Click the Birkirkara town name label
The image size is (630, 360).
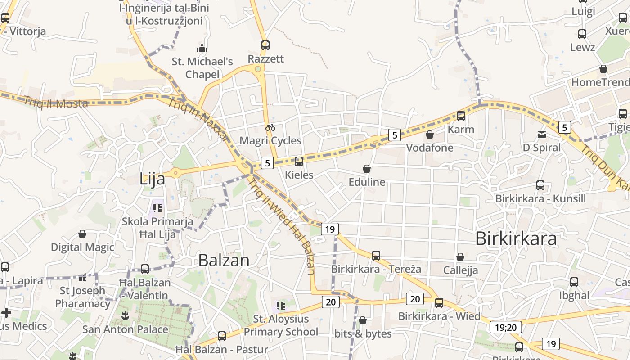point(516,238)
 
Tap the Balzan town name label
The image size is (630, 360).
point(224,260)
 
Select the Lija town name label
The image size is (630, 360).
point(152,179)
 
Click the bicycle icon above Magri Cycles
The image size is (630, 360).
point(270,127)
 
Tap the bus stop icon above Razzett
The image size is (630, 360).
point(265,45)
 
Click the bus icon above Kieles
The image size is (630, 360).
point(299,161)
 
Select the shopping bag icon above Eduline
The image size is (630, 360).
point(367,169)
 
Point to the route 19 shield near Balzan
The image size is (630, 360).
point(330,229)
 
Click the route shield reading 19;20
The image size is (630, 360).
point(505,327)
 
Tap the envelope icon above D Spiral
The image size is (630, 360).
point(541,134)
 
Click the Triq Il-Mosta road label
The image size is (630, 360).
point(56,103)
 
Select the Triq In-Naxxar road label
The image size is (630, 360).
point(198,120)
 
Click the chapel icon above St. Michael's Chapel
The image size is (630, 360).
point(202,48)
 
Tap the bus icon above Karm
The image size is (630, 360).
point(461,116)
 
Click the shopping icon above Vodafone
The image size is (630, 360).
point(430,135)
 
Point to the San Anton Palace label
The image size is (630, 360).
point(125,329)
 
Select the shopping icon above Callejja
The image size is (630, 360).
point(460,257)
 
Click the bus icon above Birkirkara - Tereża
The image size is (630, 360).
point(376,256)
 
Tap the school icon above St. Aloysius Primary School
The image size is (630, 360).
point(281,306)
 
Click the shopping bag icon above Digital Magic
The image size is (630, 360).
point(82,234)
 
